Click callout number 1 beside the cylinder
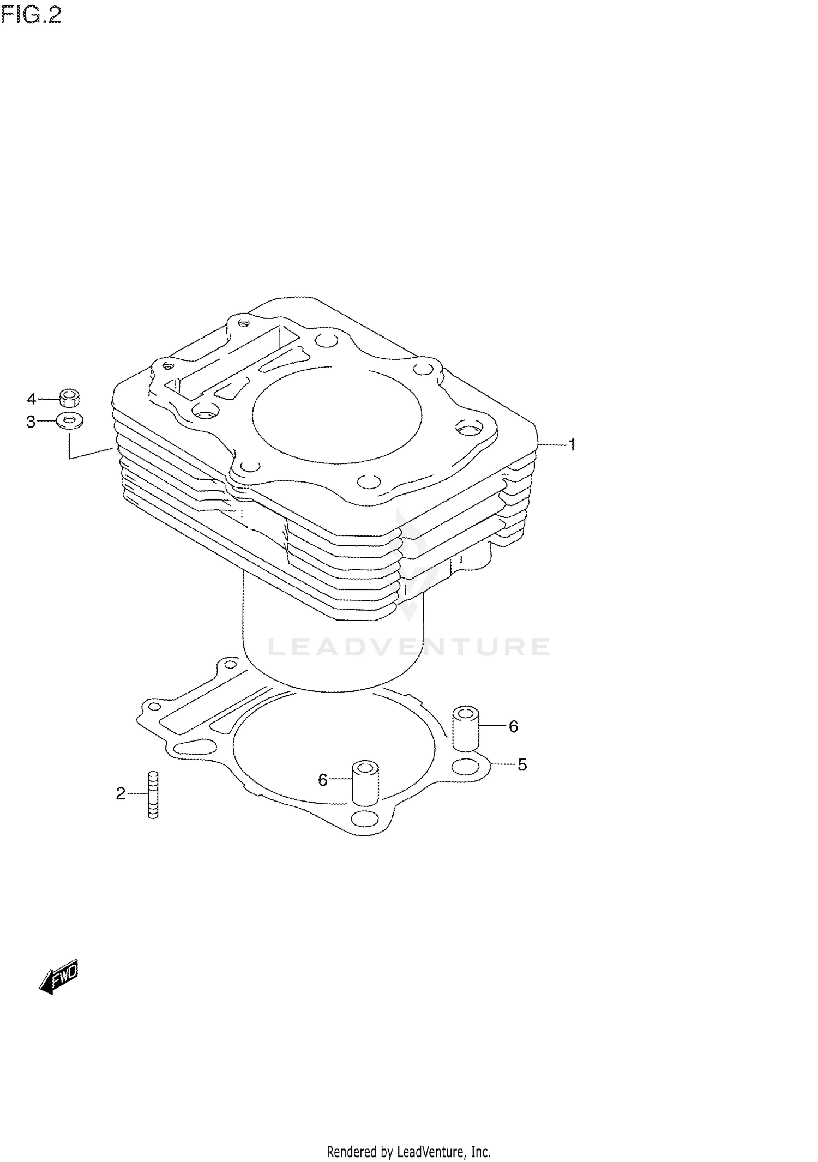[x=572, y=445]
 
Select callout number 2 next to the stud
[x=121, y=793]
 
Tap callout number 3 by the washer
[x=31, y=422]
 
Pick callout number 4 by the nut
[x=31, y=399]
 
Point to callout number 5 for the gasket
[x=522, y=765]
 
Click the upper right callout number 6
[x=513, y=726]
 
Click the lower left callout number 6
[x=322, y=780]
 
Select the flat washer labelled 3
[x=69, y=421]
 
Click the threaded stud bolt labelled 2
[x=153, y=794]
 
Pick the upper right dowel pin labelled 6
[x=466, y=728]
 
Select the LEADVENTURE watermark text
[x=409, y=647]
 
